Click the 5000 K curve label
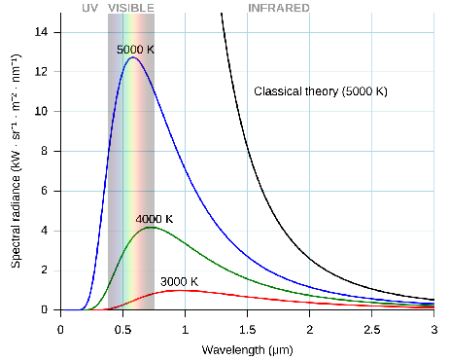point(135,49)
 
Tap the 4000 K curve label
point(155,220)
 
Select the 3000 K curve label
point(179,282)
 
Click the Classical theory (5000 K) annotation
point(321,90)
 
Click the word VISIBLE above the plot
point(131,8)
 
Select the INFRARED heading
point(279,8)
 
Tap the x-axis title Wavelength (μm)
point(247,348)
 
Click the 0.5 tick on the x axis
point(122,330)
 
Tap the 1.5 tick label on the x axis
point(247,330)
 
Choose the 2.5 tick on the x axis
point(371,330)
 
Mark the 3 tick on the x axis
point(433,330)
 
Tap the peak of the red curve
point(181,290)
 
